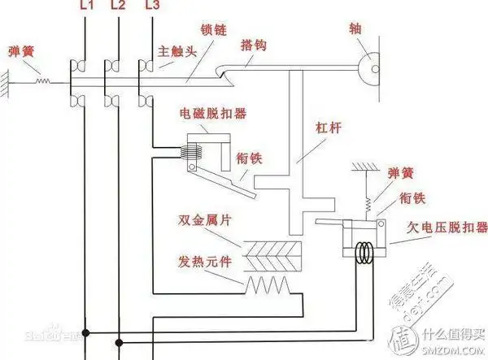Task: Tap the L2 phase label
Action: coord(118,7)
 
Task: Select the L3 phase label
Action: coord(151,7)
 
